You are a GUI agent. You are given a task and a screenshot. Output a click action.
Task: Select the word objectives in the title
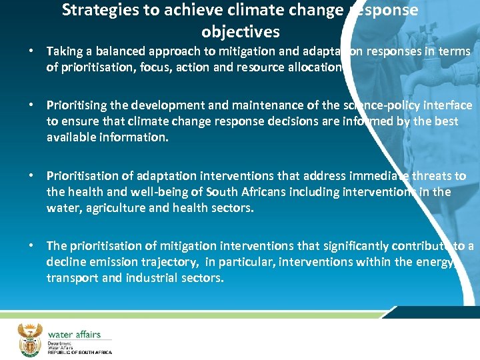click(240, 31)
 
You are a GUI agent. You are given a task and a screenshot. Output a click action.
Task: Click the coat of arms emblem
click(29, 339)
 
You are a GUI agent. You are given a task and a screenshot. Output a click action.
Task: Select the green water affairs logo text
click(74, 333)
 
